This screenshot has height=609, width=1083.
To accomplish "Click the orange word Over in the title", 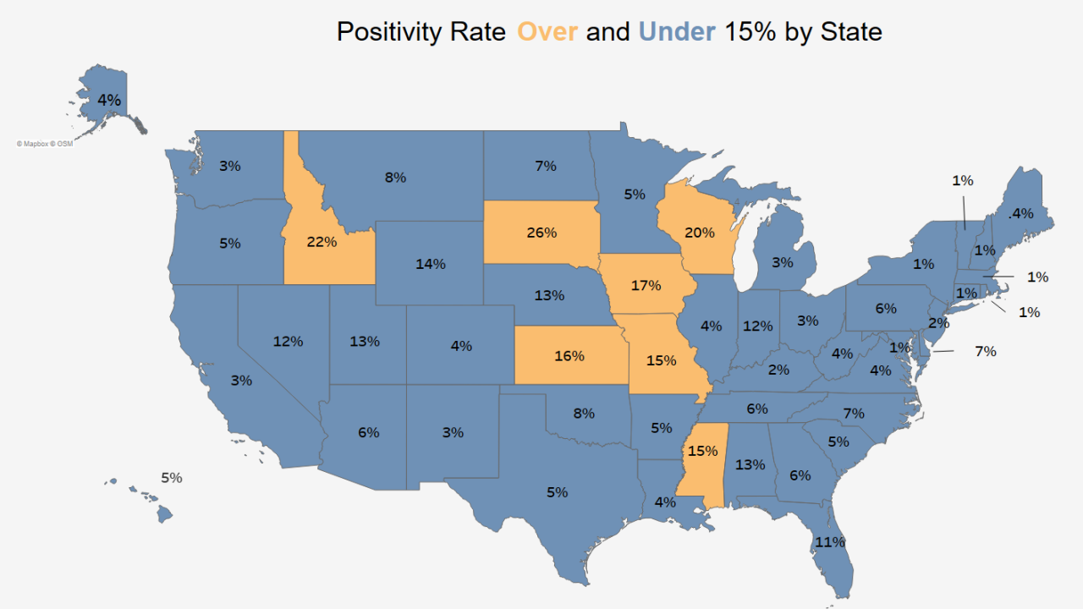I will click(547, 32).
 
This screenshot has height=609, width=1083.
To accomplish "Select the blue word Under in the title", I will click(677, 32).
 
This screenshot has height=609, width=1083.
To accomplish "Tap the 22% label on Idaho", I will click(322, 242).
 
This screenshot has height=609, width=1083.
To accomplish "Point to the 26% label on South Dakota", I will click(541, 232).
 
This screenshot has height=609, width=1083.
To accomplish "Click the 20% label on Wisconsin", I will click(699, 233).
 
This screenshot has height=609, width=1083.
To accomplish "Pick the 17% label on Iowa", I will click(646, 285).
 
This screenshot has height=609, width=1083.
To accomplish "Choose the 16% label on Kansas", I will click(569, 355).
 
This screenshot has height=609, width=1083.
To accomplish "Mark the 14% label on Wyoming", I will click(430, 264).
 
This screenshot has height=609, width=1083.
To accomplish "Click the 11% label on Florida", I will click(830, 541).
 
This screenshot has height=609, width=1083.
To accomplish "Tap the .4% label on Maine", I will click(1021, 213).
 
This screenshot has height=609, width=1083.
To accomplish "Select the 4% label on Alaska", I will click(109, 100).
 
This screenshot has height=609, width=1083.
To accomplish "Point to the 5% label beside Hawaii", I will click(172, 478).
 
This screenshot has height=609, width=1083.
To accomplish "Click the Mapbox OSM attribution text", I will click(45, 144).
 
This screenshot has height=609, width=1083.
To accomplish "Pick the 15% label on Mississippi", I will click(702, 452).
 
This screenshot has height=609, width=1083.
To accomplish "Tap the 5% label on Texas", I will click(557, 492).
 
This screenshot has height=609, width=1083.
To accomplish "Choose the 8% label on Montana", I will click(395, 178).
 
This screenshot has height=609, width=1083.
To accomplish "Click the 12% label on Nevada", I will click(288, 342).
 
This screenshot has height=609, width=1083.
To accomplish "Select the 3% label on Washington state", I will click(229, 166).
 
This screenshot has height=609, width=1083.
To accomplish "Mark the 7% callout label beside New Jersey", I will click(985, 351).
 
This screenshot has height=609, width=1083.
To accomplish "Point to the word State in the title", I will click(851, 32).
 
